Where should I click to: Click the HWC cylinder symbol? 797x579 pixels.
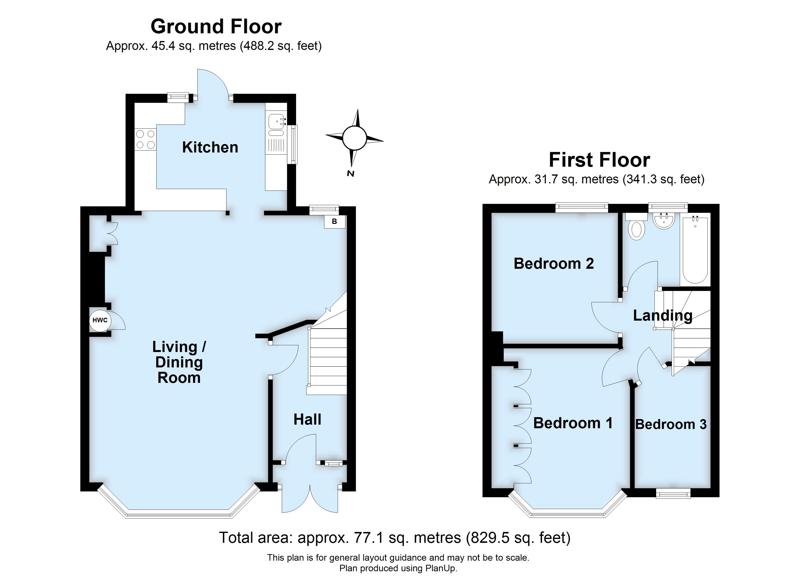[100, 320]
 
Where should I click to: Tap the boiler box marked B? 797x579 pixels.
[334, 221]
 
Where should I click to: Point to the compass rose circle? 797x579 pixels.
[354, 138]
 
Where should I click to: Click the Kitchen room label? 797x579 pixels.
[210, 147]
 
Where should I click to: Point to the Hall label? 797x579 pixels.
[307, 419]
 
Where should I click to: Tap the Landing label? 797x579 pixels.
[662, 315]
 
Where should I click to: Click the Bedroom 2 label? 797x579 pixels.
[554, 263]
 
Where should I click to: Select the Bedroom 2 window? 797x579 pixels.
[582, 207]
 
